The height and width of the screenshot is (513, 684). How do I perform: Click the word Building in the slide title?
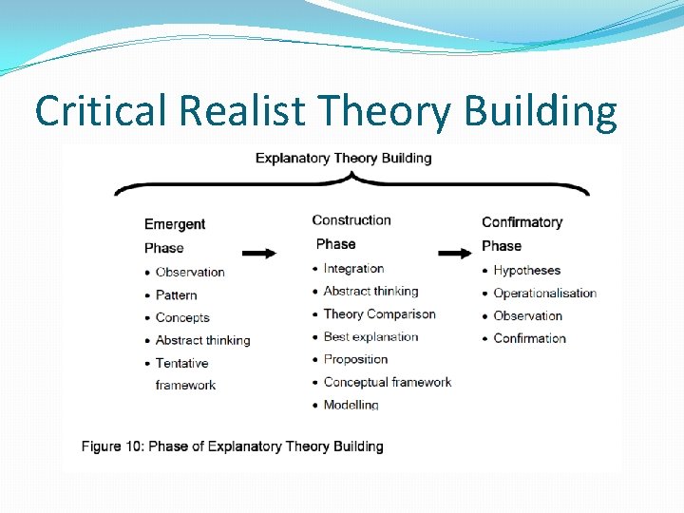540,112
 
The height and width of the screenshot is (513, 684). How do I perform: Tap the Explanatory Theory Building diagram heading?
343,158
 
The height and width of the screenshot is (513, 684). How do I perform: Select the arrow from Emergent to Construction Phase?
259,253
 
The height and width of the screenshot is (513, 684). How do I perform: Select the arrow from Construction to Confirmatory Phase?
455,253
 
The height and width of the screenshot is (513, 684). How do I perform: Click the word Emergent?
175,224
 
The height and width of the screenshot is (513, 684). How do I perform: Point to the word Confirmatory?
522,222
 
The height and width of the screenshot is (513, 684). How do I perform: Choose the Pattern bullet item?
177,295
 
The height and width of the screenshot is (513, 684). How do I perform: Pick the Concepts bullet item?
182,317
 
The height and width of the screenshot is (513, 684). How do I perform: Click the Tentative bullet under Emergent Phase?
181,363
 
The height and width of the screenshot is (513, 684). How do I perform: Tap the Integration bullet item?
353,269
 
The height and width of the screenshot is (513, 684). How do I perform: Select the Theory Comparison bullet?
379,314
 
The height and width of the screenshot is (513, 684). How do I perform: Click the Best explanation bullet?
370,336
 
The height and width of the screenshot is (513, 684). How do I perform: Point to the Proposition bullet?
355,359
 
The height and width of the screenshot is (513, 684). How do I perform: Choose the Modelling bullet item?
351,405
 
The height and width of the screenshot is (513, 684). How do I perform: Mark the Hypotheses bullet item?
526,271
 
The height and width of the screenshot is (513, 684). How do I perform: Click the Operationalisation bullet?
544,294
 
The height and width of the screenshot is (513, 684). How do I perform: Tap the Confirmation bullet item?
529,338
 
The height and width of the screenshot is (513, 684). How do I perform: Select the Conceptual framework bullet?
387,382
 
